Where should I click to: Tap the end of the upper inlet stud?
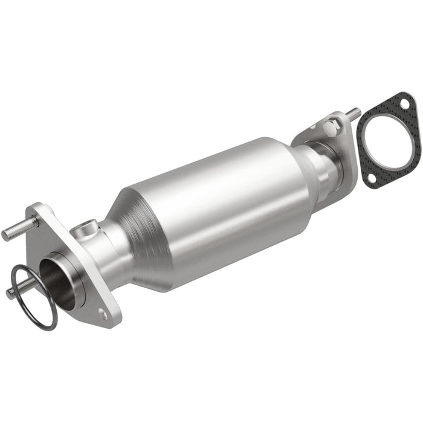click(x=6, y=233)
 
